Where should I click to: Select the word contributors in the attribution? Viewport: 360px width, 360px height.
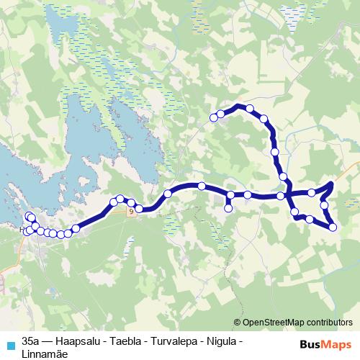coord(332,323)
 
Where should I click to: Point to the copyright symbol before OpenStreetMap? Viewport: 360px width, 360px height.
coord(238,323)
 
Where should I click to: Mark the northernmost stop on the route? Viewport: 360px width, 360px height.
coord(250,109)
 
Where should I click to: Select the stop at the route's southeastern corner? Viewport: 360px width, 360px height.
coord(333,228)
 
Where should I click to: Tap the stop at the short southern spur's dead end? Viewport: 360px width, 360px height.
coord(228,209)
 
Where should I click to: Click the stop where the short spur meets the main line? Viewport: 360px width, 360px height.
coord(230,195)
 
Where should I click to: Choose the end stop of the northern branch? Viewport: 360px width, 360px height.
coord(213,117)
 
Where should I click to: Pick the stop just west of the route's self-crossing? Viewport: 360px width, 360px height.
coord(280,196)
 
